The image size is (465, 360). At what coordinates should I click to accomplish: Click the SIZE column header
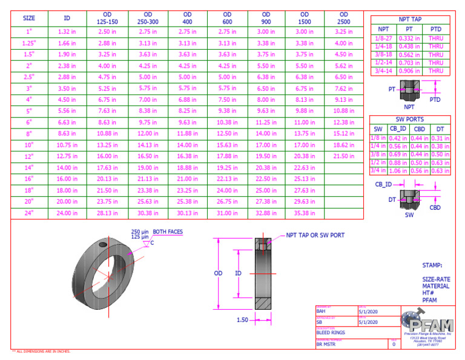click(x=29, y=18)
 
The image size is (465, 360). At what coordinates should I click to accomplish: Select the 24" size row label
click(x=29, y=213)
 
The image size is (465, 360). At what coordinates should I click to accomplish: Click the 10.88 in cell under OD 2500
click(x=343, y=111)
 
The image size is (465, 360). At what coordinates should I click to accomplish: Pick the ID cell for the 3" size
click(x=67, y=88)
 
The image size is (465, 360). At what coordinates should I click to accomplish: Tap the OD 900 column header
click(x=266, y=18)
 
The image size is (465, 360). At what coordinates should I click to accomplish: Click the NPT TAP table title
click(x=410, y=19)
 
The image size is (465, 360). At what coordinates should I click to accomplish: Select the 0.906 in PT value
click(x=410, y=71)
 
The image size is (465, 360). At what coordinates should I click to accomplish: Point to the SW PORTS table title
click(x=410, y=119)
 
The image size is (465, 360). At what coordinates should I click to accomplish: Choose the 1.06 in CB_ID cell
click(x=398, y=171)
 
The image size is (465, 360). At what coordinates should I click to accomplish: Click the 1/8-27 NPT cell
click(x=383, y=38)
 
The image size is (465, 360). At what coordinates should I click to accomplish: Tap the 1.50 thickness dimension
click(x=242, y=319)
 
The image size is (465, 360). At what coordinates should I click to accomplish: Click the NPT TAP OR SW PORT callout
click(x=315, y=235)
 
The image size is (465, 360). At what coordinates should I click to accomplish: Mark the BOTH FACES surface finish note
click(x=168, y=232)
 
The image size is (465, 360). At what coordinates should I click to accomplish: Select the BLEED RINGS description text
click(x=331, y=332)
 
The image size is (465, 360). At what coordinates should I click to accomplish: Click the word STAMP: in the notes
click(x=432, y=265)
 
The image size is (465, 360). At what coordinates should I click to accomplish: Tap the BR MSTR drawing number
click(x=326, y=344)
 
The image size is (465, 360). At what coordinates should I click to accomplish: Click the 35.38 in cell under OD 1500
click(x=305, y=213)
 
